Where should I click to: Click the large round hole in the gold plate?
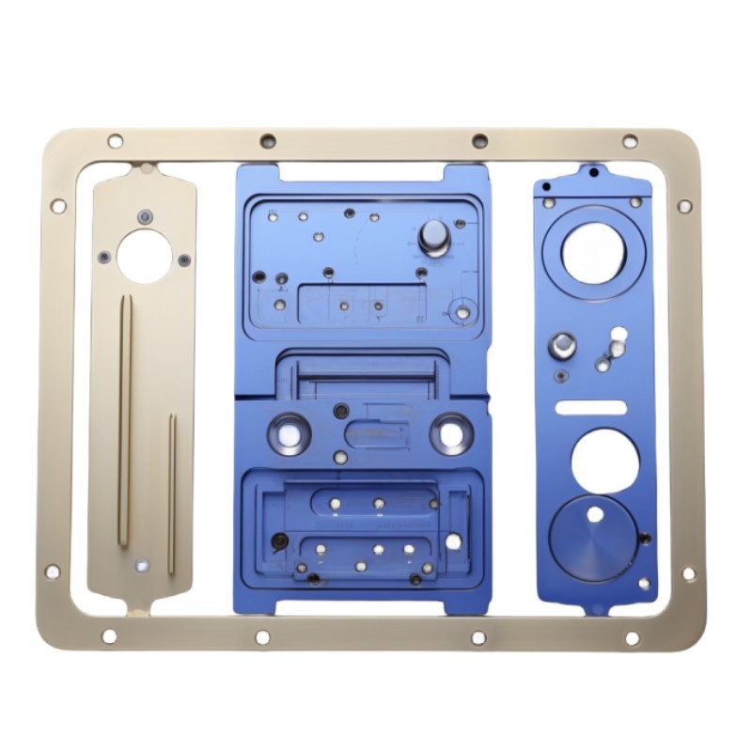coord(144,256)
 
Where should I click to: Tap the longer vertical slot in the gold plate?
coord(124,419)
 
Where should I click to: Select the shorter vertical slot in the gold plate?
coord(172,493)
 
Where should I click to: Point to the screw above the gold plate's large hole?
coord(144,216)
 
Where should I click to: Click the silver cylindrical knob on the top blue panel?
coord(434,237)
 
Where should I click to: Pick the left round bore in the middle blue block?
coord(290,434)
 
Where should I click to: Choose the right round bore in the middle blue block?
coord(451,434)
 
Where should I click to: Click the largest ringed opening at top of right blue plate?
coord(593,253)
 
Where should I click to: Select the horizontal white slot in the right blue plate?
coord(590,407)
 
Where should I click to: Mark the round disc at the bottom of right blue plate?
coord(593,538)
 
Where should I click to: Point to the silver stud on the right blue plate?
coord(563,345)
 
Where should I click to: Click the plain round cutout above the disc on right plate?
coord(604,461)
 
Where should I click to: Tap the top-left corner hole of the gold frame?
coord(115,141)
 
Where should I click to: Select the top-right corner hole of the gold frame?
coord(630,141)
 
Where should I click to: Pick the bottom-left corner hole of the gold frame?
coord(109,636)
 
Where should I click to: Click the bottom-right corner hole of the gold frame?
coord(632,638)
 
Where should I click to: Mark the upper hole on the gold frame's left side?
coord(58,206)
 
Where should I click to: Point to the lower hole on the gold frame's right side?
coord(689,573)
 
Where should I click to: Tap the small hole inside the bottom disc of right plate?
coord(595,514)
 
